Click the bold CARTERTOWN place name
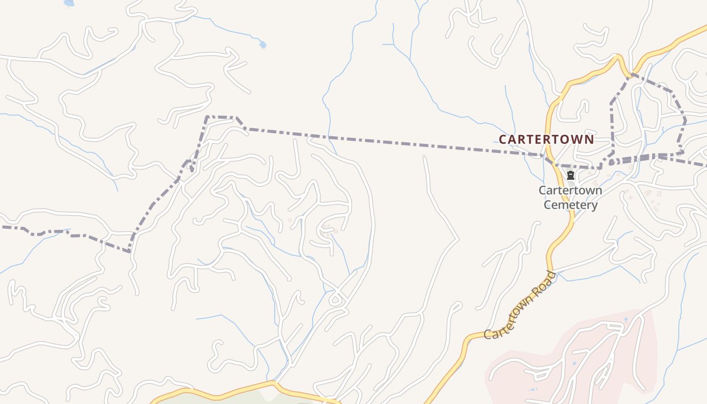546,139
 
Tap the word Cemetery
571,205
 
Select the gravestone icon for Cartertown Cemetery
571,175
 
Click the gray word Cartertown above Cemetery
570,191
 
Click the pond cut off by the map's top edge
69,3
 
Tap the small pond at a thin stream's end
263,45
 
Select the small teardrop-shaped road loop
335,300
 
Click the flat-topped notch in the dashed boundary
221,117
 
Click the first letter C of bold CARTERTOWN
502,139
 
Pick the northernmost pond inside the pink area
626,320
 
